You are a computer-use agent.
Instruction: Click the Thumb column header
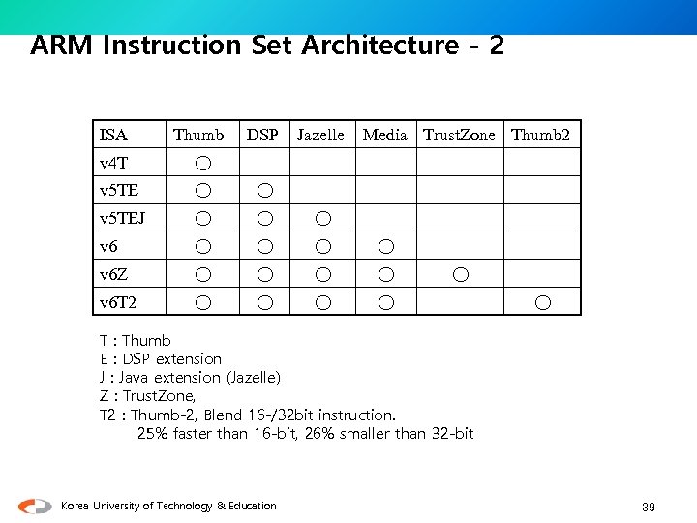(x=198, y=135)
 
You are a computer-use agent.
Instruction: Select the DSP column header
(x=262, y=135)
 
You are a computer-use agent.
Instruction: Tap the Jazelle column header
(x=320, y=135)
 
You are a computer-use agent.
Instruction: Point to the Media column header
(x=384, y=135)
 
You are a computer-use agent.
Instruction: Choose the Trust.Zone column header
(x=459, y=135)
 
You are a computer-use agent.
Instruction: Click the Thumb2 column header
(x=540, y=135)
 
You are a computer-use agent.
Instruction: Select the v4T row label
(x=113, y=163)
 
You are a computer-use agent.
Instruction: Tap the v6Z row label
(x=113, y=275)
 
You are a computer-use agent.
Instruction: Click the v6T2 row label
(x=118, y=303)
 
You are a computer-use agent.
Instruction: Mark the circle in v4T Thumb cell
(x=201, y=163)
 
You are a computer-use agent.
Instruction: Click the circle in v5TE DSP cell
(x=264, y=191)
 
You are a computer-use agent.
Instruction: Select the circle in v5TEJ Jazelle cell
(x=323, y=219)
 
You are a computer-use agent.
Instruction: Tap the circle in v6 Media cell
(x=385, y=247)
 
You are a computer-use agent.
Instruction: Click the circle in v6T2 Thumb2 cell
(x=543, y=303)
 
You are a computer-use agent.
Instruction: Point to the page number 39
(x=649, y=507)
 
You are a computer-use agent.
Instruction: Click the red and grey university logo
(x=35, y=506)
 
